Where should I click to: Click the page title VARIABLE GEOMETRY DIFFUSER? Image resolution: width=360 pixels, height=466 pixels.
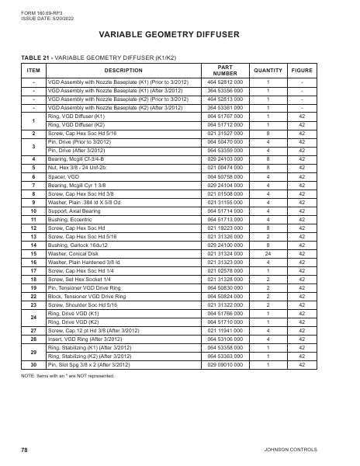[180, 35]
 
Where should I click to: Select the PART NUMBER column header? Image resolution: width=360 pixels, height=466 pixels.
[225, 70]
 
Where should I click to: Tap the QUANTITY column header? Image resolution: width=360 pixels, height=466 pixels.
[268, 70]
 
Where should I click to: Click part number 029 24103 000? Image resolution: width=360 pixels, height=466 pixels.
[225, 158]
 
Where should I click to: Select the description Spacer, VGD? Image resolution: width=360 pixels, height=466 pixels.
[64, 176]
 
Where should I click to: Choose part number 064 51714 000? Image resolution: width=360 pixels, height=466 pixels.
[225, 210]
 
